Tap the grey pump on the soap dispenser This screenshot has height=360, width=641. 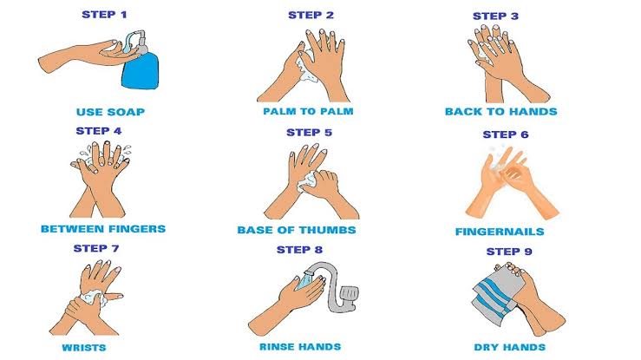click(x=138, y=42)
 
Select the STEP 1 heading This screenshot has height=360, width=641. click(x=104, y=15)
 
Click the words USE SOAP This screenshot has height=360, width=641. click(x=110, y=112)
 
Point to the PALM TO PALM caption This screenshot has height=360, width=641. click(x=308, y=111)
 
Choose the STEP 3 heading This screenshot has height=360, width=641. click(x=495, y=16)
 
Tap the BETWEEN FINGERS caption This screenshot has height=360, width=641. click(x=103, y=229)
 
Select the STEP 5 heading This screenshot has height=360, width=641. click(x=309, y=133)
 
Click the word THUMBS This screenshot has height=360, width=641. click(x=330, y=230)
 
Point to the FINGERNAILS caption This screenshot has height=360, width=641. click(x=500, y=232)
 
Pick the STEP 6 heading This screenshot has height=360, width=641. click(x=506, y=134)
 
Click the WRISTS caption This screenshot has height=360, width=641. click(x=84, y=348)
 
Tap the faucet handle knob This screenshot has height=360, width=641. click(x=350, y=293)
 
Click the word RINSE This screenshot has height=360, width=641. click(x=275, y=347)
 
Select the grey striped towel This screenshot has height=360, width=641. click(x=495, y=295)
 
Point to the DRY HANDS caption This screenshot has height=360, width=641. click(x=510, y=347)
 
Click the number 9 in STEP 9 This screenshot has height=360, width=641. click(x=528, y=252)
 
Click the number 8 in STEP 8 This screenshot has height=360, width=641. click(x=318, y=250)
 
